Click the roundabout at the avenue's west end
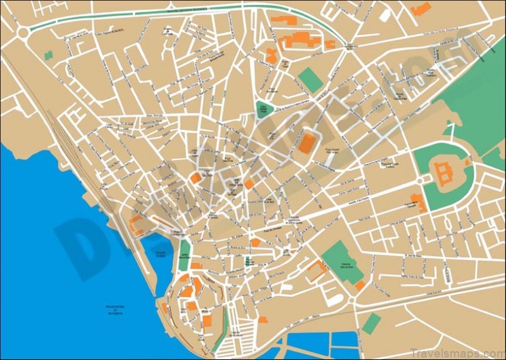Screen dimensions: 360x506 click(x=25, y=32)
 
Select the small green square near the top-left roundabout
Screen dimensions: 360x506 click(x=48, y=55)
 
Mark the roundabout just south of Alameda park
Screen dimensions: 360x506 click(x=353, y=299)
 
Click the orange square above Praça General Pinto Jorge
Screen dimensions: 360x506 click(x=306, y=142)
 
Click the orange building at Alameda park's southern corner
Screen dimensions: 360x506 click(x=359, y=285)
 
